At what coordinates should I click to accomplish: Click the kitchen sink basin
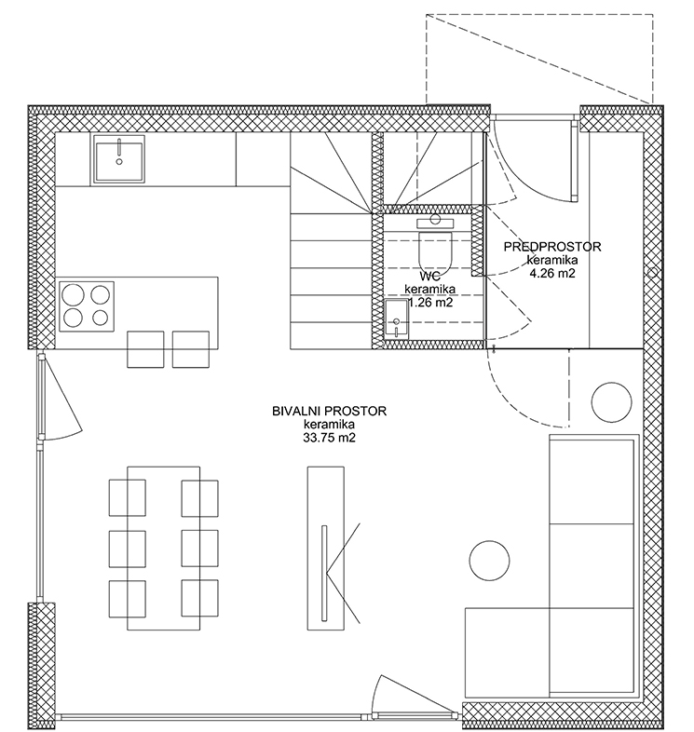coord(119,158)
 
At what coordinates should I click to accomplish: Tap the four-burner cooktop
coord(87,306)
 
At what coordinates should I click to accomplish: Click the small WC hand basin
coord(397,319)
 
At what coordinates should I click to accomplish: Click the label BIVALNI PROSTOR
coord(329,411)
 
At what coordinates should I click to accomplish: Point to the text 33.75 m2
coord(329,438)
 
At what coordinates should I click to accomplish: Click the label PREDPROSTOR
coord(552,247)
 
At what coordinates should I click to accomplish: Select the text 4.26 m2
coord(552,273)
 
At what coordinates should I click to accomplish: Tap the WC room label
coord(429,276)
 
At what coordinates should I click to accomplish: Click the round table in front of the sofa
coord(489,561)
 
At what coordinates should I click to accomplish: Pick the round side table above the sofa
coord(611,402)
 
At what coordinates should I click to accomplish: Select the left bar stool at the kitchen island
coord(145,349)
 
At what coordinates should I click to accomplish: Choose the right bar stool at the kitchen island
coord(191,349)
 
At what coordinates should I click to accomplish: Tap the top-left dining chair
coord(127,497)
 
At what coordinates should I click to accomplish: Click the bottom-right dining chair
coord(200,599)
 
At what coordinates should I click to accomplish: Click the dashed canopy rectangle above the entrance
coord(539,15)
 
